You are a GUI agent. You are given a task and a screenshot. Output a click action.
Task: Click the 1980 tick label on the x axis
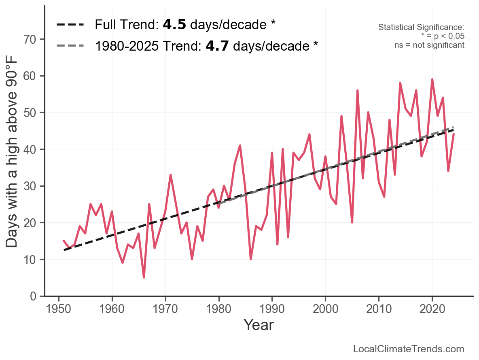[218, 309]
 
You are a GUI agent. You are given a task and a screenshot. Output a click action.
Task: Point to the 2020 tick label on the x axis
[432, 309]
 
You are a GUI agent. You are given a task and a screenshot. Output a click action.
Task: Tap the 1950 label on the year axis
[59, 309]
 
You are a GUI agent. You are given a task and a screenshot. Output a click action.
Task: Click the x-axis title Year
[259, 325]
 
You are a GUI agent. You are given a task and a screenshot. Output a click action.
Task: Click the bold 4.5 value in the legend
[174, 25]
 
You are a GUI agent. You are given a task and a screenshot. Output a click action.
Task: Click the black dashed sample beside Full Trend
[70, 25]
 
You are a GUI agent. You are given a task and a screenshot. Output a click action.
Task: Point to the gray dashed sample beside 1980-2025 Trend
[70, 46]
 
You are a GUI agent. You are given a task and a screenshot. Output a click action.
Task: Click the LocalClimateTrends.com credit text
[409, 349]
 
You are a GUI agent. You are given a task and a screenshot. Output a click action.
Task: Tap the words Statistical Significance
[421, 27]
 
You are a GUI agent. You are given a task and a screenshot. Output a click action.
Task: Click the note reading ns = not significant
[429, 45]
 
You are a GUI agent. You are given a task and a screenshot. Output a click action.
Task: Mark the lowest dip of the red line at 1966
[144, 277]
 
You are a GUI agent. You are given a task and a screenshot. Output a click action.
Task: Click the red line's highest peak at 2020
[432, 80]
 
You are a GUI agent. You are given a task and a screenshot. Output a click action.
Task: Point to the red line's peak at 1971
[171, 175]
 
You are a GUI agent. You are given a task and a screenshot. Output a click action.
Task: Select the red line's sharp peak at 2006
[358, 91]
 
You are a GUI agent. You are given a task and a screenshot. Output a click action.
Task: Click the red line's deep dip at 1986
[251, 259]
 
